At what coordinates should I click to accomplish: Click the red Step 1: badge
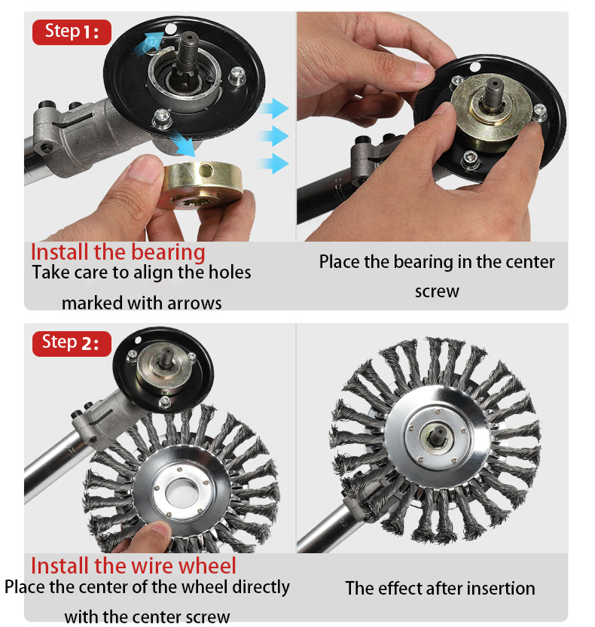coord(72,32)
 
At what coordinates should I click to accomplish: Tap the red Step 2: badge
coord(72,343)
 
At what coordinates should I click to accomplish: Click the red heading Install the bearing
coord(118,252)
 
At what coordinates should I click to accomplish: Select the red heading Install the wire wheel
coord(133,565)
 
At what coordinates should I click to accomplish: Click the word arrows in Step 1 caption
coord(194,303)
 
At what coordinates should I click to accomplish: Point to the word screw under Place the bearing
coord(437,291)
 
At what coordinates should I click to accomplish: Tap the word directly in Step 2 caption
coord(261,587)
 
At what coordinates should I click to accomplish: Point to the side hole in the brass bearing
coord(206,171)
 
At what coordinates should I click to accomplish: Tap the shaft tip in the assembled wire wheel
coord(437,433)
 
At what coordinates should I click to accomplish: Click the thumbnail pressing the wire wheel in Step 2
coord(161,529)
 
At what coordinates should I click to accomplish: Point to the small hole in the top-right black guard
coord(474,67)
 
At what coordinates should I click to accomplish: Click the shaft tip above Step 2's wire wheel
coord(166,353)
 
